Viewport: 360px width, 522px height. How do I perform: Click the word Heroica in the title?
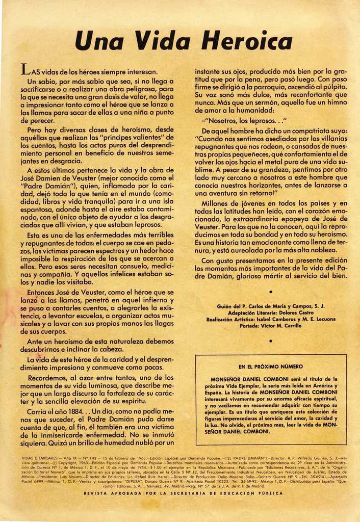pyautogui.click(x=247, y=40)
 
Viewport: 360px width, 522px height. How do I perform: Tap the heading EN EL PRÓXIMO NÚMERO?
pyautogui.click(x=271, y=367)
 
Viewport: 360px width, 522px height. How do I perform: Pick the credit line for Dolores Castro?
pyautogui.click(x=271, y=312)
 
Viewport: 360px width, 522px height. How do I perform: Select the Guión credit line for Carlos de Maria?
pyautogui.click(x=271, y=306)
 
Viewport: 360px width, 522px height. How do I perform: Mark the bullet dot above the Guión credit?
pyautogui.click(x=271, y=292)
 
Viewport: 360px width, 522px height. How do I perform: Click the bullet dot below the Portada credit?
pyautogui.click(x=271, y=340)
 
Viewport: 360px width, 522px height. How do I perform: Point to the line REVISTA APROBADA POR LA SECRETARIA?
pyautogui.click(x=183, y=493)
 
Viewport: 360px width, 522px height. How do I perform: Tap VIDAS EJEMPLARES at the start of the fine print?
pyautogui.click(x=39, y=458)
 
